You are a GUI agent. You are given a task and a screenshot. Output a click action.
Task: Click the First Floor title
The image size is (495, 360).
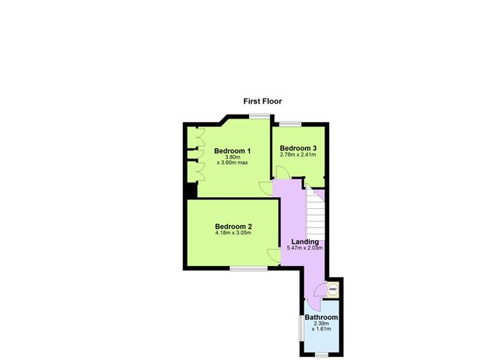pos(262,101)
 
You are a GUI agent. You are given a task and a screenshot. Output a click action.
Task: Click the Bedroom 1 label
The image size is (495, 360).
pos(232,151)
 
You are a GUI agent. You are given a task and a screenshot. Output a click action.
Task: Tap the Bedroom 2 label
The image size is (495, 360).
pos(233,226)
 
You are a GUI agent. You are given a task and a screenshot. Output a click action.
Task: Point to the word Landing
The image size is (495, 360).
pos(305,241)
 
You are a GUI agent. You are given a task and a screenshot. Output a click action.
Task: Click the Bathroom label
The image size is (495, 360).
pos(321,317)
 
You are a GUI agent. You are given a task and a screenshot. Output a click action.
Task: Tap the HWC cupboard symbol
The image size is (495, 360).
pos(333,289)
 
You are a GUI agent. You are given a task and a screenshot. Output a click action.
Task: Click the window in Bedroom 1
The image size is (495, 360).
pos(259,116)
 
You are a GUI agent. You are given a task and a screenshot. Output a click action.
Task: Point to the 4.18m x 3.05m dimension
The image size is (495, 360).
pos(233,234)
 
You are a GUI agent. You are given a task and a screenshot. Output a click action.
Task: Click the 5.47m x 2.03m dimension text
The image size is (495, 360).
pos(305,249)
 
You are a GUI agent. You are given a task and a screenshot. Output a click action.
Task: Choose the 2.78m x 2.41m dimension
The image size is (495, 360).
pos(298,156)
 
